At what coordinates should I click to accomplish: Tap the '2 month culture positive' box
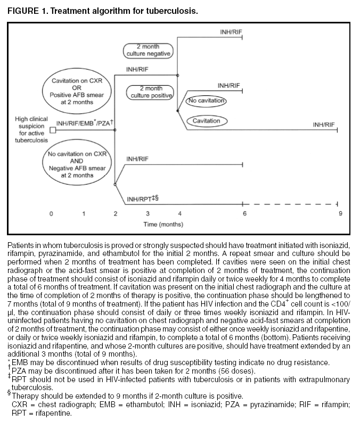tap(150, 92)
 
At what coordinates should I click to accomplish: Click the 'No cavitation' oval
tap(207, 101)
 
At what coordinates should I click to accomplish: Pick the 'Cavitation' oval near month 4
tap(206, 121)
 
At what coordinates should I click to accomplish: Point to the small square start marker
tap(52, 129)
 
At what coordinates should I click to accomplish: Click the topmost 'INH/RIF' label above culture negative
tap(231, 32)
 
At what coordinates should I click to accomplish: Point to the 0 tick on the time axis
tap(52, 214)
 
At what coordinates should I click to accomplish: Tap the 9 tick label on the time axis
tap(339, 214)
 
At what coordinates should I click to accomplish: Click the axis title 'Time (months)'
tap(163, 225)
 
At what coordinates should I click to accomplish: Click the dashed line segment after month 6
tap(290, 204)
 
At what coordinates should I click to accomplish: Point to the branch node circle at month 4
tap(178, 75)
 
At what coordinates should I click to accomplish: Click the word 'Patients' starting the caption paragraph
tap(20, 243)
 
